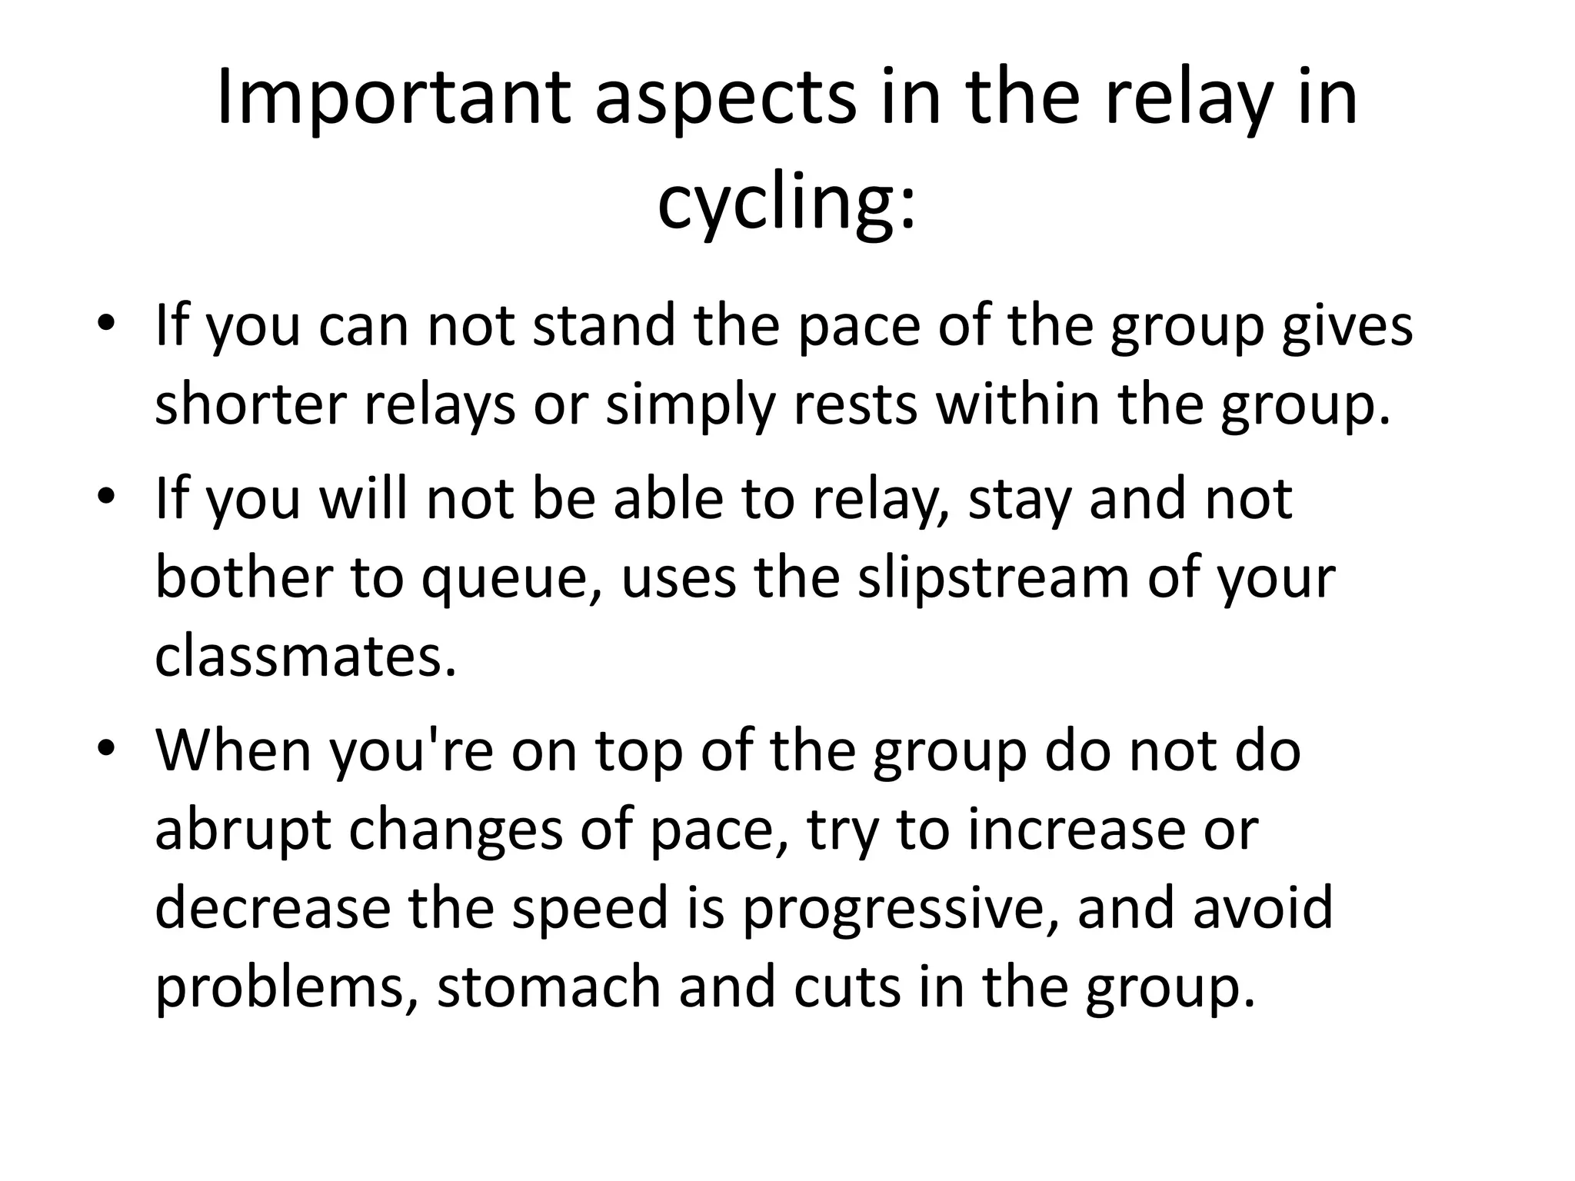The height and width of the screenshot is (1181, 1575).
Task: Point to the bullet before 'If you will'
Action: [106, 497]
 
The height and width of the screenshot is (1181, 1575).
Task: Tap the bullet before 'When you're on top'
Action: [106, 748]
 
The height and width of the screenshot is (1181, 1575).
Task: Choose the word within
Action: [1017, 404]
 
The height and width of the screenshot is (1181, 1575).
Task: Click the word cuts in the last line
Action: [846, 988]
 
